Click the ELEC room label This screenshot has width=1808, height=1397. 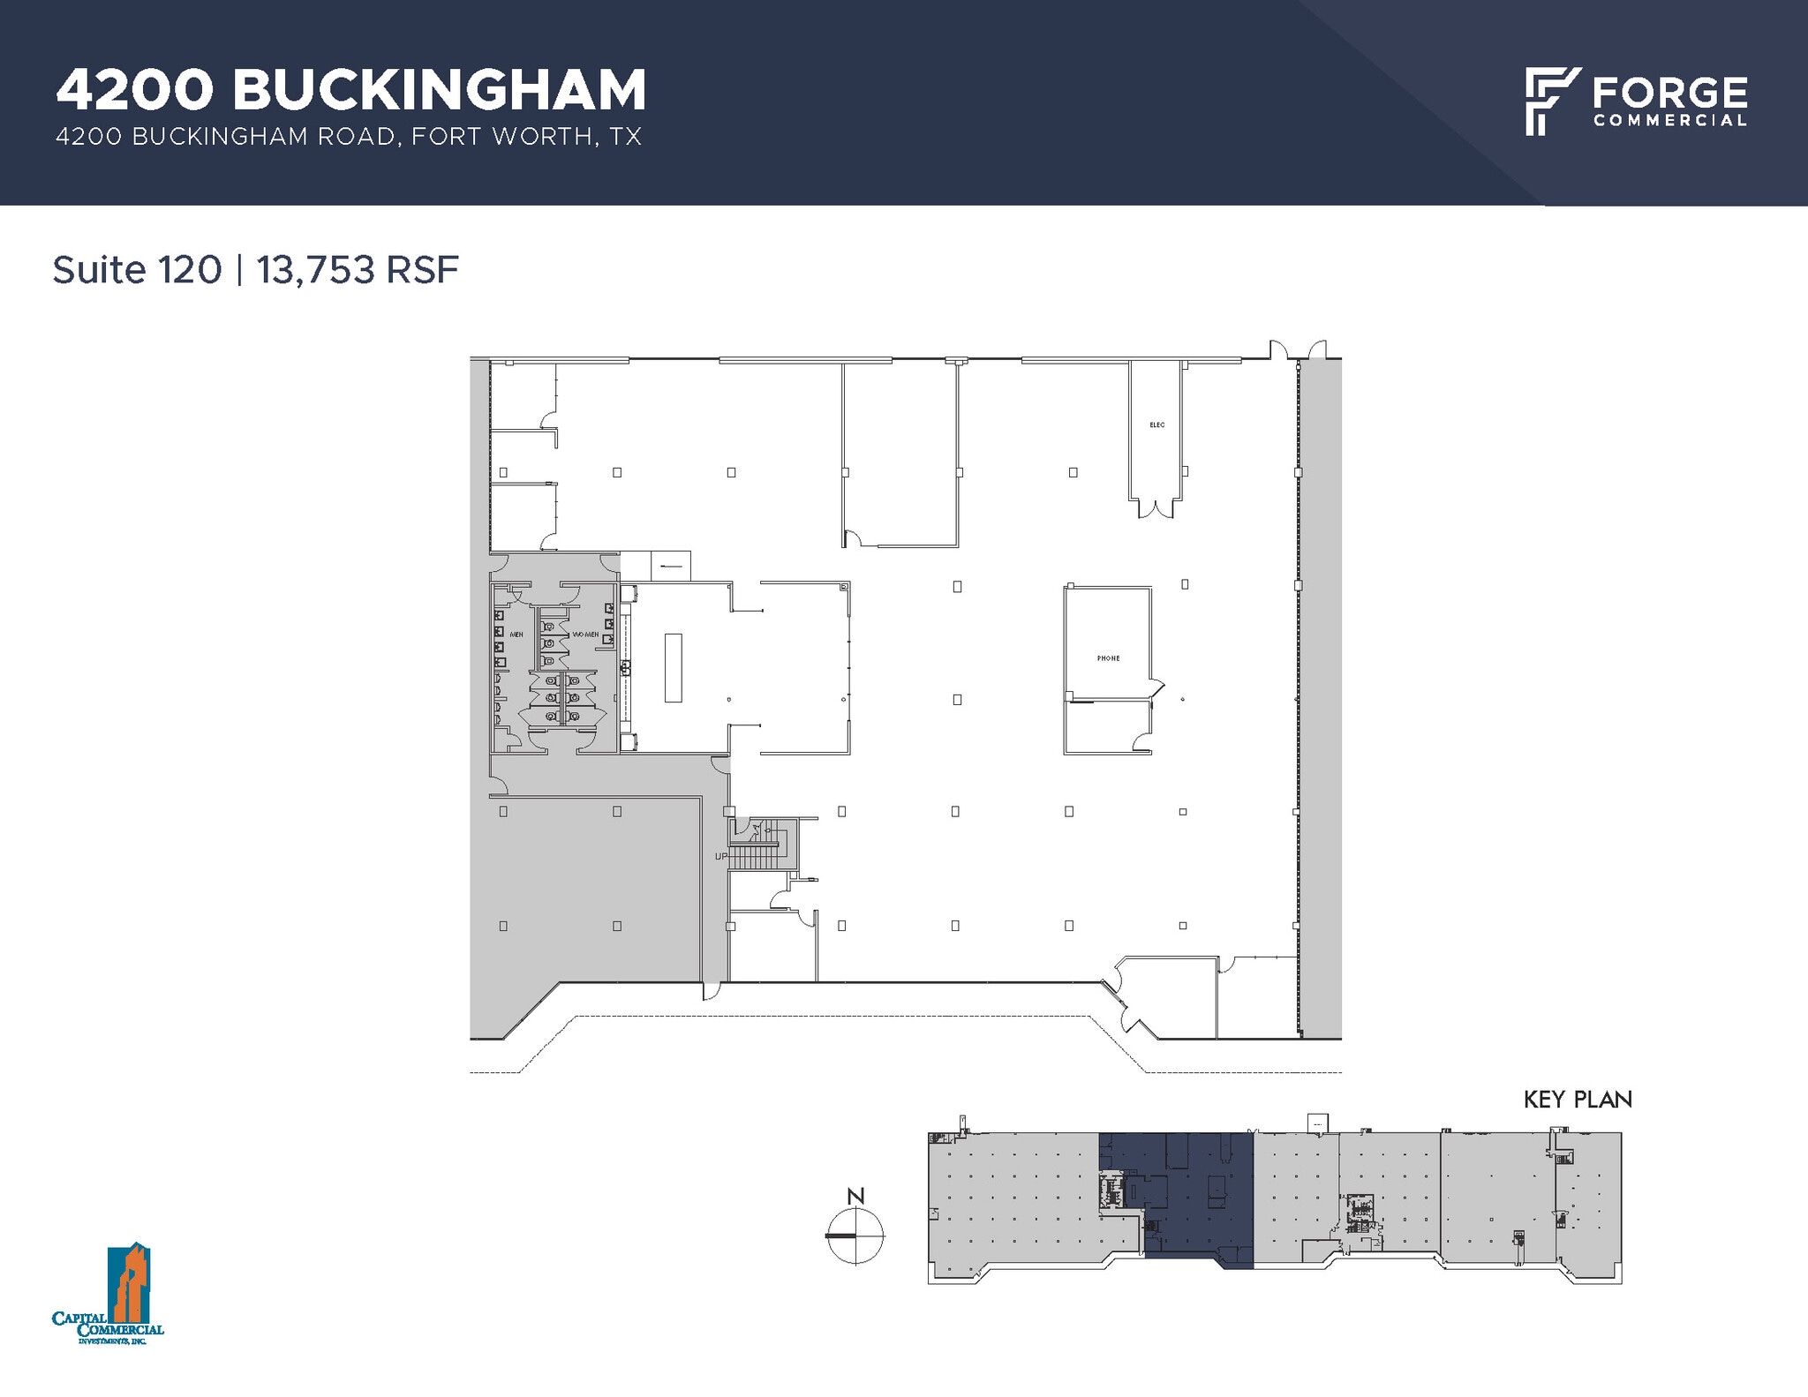tap(1156, 425)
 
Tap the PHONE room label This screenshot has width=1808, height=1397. tap(1108, 658)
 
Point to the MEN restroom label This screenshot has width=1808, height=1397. tap(516, 635)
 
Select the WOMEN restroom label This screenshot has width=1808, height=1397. tap(585, 635)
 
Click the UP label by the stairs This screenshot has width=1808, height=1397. tap(721, 856)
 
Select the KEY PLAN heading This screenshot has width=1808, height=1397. tap(1578, 1100)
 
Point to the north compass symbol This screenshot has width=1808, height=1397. tap(855, 1236)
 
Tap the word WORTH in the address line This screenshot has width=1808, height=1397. tap(553, 137)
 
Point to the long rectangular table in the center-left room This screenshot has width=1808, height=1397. tap(674, 667)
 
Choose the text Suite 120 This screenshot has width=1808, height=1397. tap(137, 270)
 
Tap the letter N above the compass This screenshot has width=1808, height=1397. tap(855, 1197)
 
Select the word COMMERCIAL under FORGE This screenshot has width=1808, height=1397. tap(1669, 121)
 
